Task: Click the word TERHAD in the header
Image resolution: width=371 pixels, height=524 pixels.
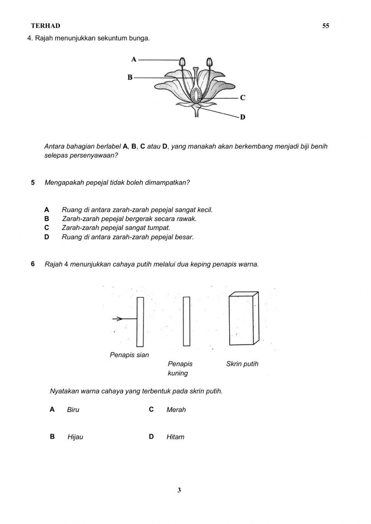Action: click(45, 26)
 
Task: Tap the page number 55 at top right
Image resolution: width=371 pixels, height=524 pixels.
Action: click(326, 26)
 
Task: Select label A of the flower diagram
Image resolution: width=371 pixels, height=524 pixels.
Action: click(134, 59)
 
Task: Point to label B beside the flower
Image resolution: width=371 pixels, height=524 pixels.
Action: click(130, 77)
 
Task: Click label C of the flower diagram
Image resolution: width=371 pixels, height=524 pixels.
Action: click(243, 98)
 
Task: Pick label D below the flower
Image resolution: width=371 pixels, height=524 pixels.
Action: click(243, 117)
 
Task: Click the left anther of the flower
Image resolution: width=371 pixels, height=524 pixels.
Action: click(182, 62)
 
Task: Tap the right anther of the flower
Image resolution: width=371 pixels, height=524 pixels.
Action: click(209, 62)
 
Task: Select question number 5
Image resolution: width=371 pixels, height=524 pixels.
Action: click(33, 182)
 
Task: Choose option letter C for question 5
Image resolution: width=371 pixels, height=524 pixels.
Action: click(46, 228)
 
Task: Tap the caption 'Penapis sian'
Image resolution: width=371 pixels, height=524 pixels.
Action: click(129, 355)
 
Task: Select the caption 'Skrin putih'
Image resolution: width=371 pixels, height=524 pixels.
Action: click(242, 364)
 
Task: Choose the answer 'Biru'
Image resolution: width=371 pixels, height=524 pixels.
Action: click(73, 410)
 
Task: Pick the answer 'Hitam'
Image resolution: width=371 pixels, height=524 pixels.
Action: click(175, 437)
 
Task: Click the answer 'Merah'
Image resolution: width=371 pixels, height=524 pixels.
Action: click(176, 410)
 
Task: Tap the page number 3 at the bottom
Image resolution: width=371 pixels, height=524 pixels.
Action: click(179, 490)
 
